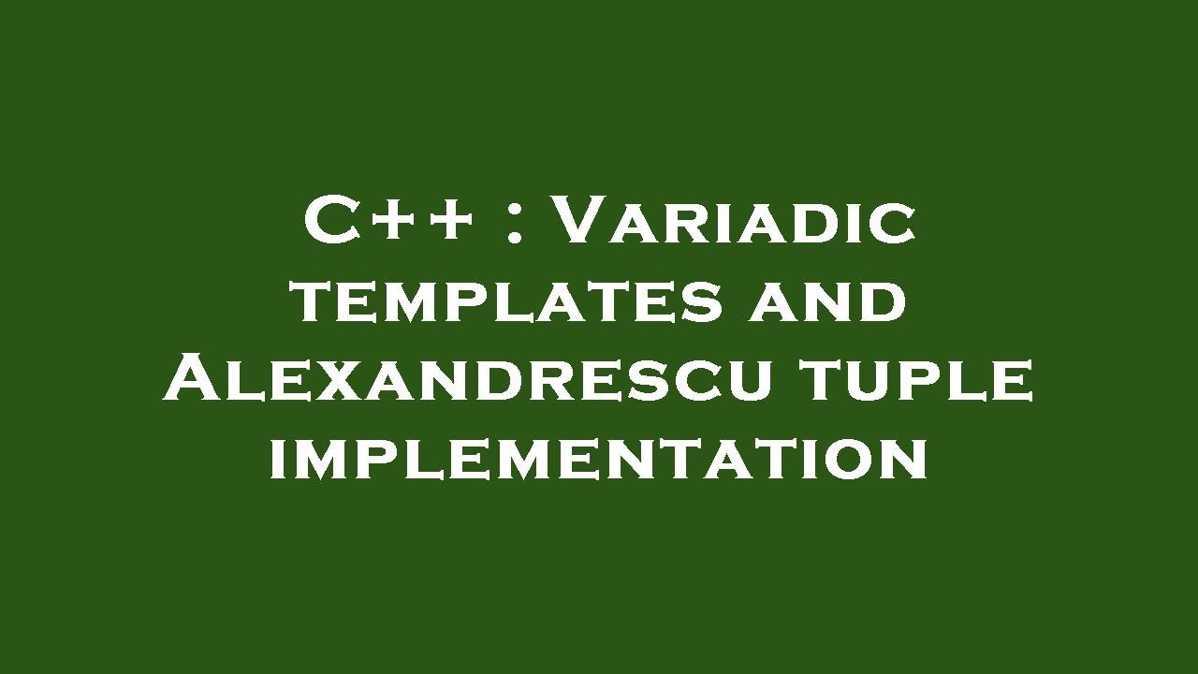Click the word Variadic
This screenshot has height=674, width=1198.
734,223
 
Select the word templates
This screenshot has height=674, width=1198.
507,302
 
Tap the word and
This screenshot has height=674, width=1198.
827,302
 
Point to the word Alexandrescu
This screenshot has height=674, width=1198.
467,380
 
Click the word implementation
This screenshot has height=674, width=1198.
599,460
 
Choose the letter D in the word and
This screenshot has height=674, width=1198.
884,302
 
